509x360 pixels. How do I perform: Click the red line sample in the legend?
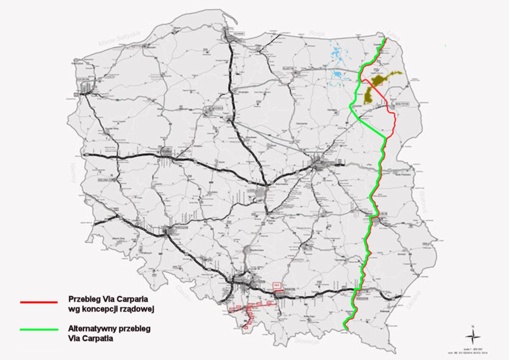point(38,302)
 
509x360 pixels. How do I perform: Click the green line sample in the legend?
point(38,329)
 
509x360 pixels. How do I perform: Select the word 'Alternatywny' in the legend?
point(91,329)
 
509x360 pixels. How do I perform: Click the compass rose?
point(473,337)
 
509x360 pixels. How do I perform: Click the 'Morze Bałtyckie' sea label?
point(119,39)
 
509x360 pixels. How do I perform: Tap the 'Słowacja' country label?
point(306,341)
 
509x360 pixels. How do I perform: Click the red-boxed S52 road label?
point(277,285)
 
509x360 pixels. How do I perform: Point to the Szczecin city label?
point(83,79)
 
